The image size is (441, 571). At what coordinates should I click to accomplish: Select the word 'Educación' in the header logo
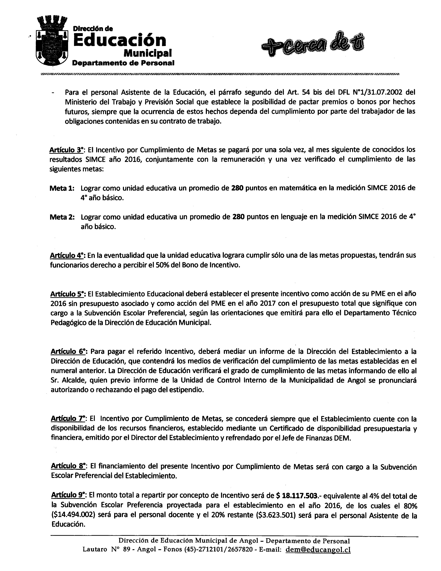[x=120, y=40]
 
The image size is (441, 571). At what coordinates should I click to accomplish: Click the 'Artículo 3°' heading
[x=67, y=150]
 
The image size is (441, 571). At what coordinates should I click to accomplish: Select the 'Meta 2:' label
[x=62, y=217]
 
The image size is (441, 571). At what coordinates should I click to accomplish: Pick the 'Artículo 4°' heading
[x=68, y=255]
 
